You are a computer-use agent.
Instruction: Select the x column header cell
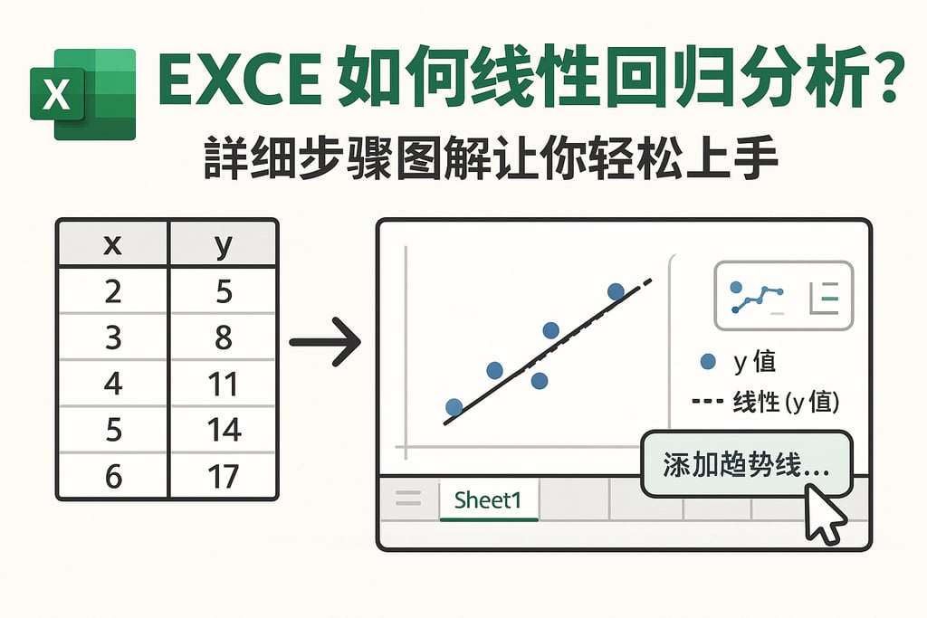(x=112, y=245)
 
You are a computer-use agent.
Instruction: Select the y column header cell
(x=223, y=245)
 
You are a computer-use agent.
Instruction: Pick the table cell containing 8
(x=223, y=338)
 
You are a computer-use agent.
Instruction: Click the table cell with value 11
(x=223, y=384)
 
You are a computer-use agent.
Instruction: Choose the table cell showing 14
(x=223, y=430)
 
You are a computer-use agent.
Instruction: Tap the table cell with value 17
(x=223, y=476)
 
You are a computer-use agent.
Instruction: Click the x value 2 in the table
(x=112, y=291)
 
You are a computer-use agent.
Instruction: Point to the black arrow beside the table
(x=326, y=342)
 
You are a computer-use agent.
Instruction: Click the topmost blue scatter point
(x=616, y=291)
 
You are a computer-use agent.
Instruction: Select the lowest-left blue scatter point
(x=454, y=407)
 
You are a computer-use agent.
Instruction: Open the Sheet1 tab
(x=488, y=499)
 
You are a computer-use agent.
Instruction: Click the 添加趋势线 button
(x=745, y=464)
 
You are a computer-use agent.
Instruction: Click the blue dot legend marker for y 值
(x=709, y=362)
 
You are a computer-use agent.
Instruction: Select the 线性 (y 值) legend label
(x=786, y=402)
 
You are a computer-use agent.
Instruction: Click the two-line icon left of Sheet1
(x=409, y=498)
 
